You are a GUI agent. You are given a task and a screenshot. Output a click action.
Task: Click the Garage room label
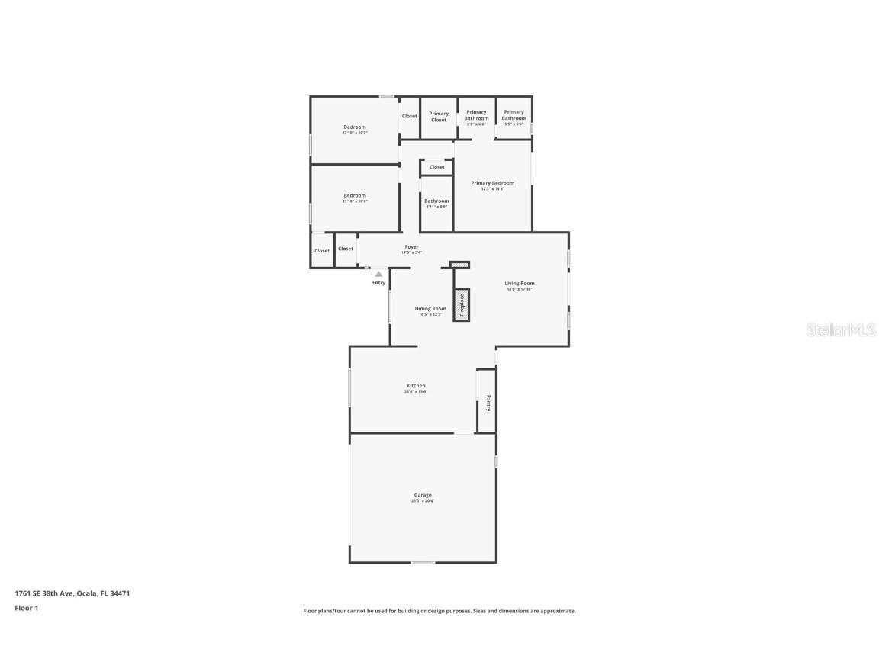(x=423, y=495)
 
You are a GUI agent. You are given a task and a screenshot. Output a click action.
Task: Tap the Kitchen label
(x=416, y=386)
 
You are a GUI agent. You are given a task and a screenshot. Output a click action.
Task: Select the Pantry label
(x=488, y=402)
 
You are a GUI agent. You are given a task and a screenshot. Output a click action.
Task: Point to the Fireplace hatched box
(x=461, y=304)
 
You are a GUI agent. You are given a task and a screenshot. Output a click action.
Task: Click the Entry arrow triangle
(x=378, y=274)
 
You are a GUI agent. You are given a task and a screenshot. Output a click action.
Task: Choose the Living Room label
(x=520, y=284)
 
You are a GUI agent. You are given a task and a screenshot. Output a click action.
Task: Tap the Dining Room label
(x=431, y=309)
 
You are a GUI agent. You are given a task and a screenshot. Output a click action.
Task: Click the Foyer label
(x=411, y=247)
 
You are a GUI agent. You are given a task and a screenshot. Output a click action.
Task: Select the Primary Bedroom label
(x=492, y=183)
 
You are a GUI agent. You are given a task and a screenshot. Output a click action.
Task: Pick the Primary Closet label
(x=439, y=117)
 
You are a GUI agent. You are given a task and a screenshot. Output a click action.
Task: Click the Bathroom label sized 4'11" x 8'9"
(x=436, y=201)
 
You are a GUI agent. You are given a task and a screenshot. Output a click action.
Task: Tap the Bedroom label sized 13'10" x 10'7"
(x=355, y=127)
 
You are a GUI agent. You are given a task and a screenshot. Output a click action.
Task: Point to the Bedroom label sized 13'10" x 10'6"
(x=355, y=196)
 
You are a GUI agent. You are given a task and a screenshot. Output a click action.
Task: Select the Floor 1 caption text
(x=26, y=608)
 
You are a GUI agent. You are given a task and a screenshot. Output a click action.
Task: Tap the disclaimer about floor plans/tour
(x=439, y=611)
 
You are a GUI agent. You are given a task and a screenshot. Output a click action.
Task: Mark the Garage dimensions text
(x=423, y=501)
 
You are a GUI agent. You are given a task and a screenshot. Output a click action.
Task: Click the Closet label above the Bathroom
(x=437, y=167)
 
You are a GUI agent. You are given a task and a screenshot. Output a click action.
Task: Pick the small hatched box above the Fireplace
(x=459, y=265)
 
